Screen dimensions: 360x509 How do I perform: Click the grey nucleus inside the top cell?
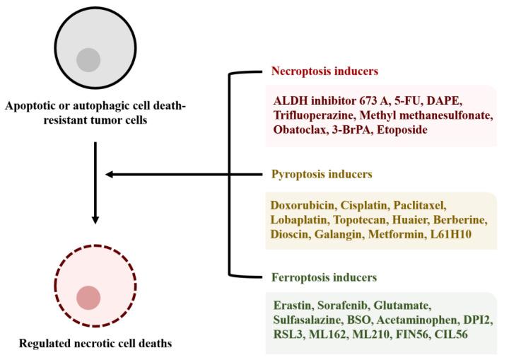pyautogui.click(x=88, y=60)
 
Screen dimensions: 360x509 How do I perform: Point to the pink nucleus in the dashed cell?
pyautogui.click(x=88, y=297)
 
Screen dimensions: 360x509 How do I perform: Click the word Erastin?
pyautogui.click(x=293, y=305)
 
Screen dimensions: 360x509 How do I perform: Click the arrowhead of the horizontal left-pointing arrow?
pyautogui.click(x=110, y=173)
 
